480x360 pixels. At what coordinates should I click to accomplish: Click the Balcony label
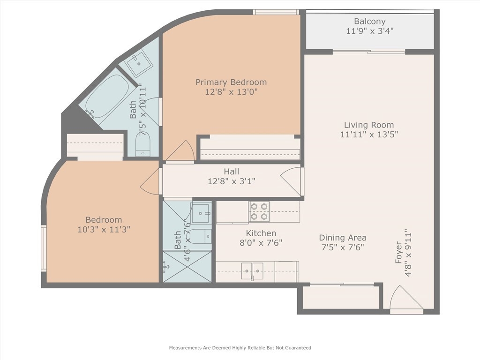click(x=369, y=22)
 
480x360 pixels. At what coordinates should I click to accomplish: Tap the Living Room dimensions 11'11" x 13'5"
click(x=369, y=135)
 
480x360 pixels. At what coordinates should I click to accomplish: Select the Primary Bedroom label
click(x=231, y=82)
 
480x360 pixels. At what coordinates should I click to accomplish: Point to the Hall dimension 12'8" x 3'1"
click(x=232, y=181)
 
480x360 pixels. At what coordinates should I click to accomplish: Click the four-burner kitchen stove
click(x=259, y=211)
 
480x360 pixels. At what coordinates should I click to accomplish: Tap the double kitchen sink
click(x=252, y=271)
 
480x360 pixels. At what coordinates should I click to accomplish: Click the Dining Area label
click(x=343, y=238)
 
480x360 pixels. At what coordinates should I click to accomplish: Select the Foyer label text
click(x=398, y=253)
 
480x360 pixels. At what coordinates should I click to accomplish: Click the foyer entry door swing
click(x=406, y=298)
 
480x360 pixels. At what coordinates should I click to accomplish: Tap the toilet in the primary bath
click(x=143, y=144)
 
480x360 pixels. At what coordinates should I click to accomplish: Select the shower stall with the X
click(x=187, y=267)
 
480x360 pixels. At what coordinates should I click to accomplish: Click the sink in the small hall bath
click(x=201, y=213)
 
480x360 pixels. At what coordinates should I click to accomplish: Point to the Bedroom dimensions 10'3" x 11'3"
click(x=104, y=229)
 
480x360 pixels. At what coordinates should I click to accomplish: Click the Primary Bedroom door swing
click(x=180, y=150)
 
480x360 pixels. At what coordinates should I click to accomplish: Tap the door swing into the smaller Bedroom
click(x=150, y=181)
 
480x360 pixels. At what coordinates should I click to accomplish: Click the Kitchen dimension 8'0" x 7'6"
click(x=261, y=243)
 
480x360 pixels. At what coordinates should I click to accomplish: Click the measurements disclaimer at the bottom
click(x=240, y=348)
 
